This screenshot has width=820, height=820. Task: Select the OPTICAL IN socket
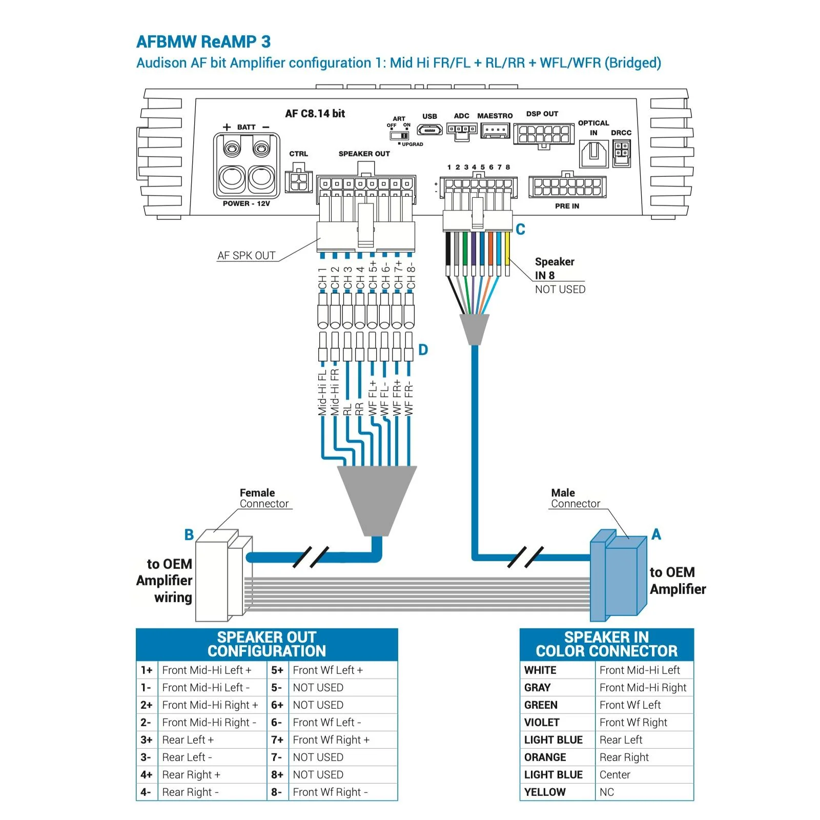pos(593,154)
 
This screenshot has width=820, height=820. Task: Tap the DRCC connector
pos(621,154)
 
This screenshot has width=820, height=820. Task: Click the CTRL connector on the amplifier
pos(298,179)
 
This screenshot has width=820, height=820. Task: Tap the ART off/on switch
pos(399,135)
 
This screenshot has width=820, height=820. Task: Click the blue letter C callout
pos(520,229)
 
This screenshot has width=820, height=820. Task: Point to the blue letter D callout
pos(423,350)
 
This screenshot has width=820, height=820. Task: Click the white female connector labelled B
pos(224,575)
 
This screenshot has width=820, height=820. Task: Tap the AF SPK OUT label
pos(247,255)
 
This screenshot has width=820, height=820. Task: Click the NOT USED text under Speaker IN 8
pos(560,289)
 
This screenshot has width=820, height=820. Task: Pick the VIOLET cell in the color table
pos(557,722)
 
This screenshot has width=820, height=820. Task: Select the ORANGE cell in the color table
pos(557,757)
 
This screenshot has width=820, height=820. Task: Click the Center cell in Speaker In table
pos(644,774)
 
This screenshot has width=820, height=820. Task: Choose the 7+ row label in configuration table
pos(277,740)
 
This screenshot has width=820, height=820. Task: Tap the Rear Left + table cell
pos(212,740)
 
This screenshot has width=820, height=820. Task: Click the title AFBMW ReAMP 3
pos(203,42)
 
